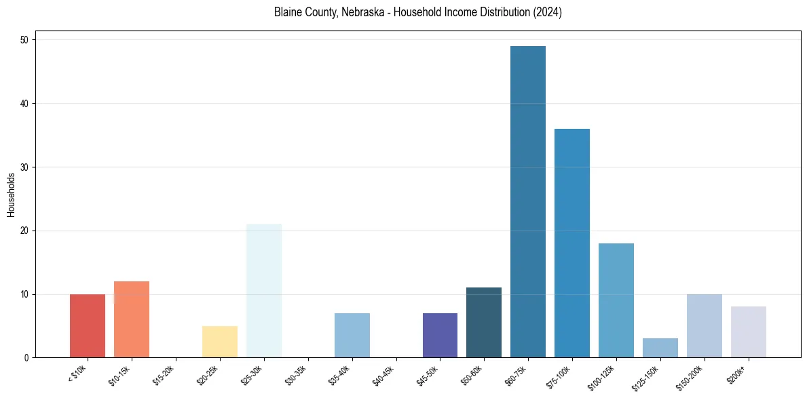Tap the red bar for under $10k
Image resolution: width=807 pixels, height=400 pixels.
tap(88, 326)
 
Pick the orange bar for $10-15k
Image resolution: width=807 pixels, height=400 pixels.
tap(132, 319)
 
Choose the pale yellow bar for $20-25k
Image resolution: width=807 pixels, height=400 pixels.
tap(220, 342)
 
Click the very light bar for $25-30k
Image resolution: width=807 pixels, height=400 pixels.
tap(264, 291)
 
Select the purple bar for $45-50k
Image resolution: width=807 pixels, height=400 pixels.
tap(440, 336)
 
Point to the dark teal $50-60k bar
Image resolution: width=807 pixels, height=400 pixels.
tap(484, 323)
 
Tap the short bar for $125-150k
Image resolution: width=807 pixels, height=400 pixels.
tap(660, 348)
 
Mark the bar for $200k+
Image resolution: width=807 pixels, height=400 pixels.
tap(749, 332)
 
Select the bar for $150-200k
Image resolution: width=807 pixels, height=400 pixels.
tap(705, 326)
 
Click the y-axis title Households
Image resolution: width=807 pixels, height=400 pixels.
tap(12, 195)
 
